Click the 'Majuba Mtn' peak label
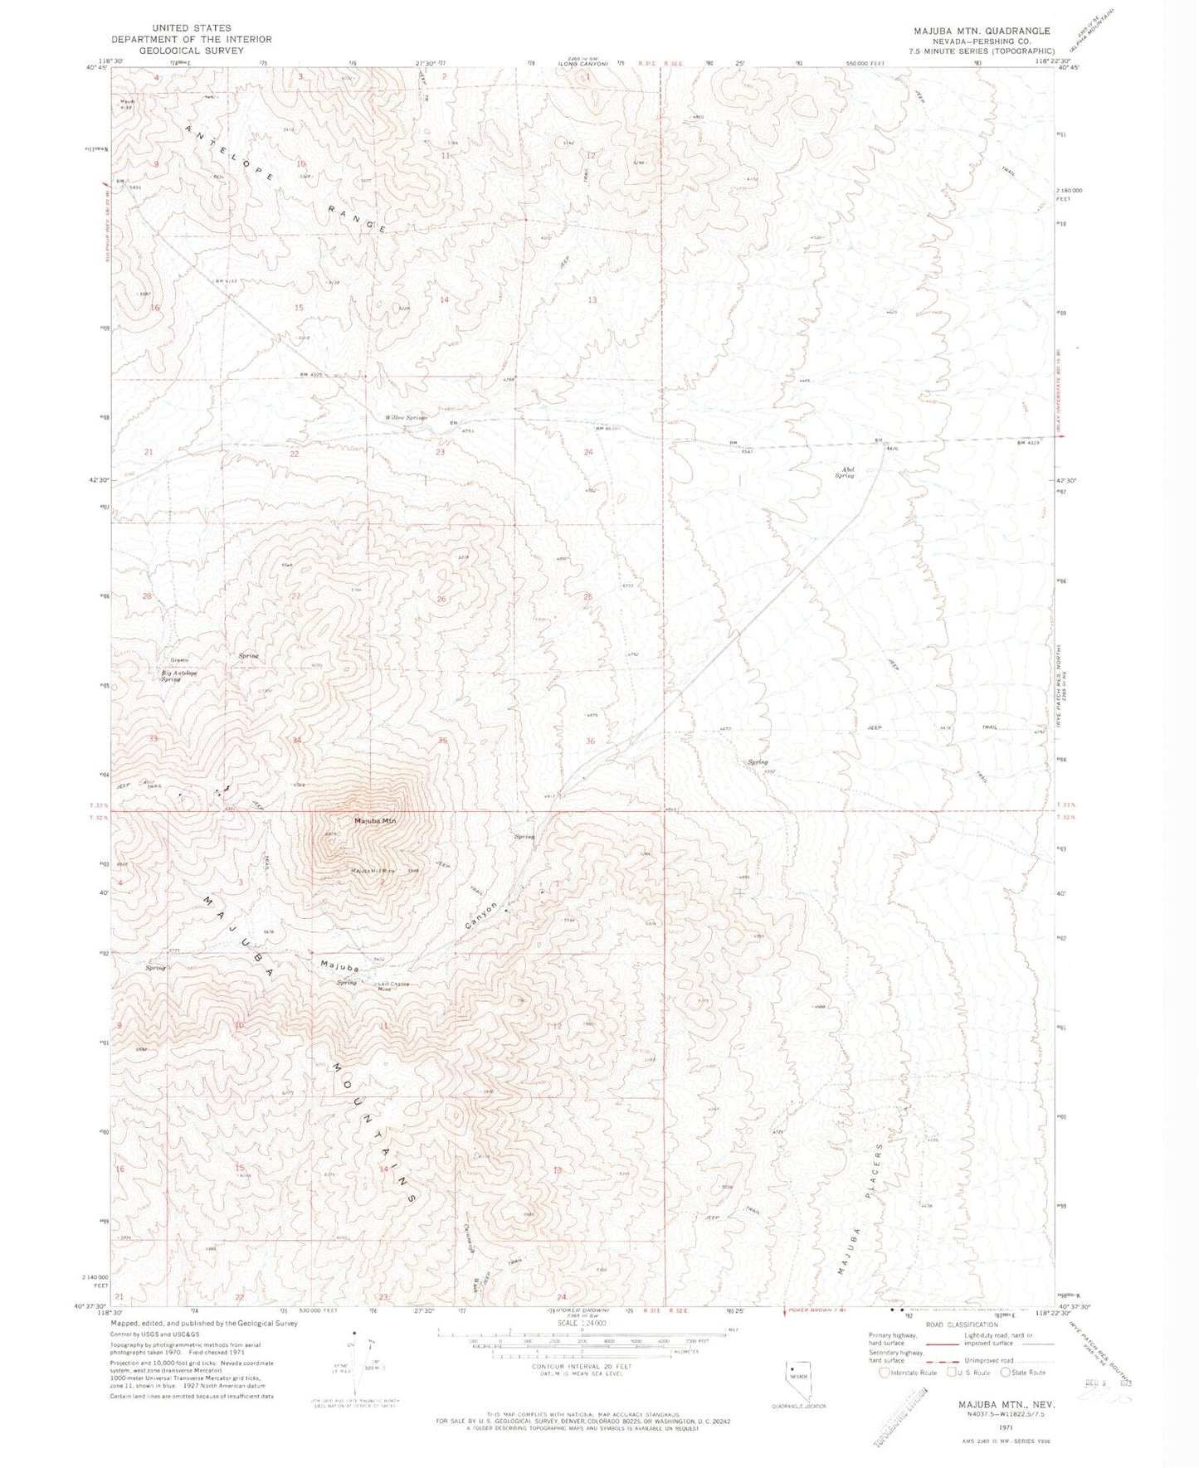point(375,820)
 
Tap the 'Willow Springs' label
point(405,417)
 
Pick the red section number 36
point(590,741)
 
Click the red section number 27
point(295,596)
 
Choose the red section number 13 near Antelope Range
point(592,299)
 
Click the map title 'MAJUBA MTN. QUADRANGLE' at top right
point(982,31)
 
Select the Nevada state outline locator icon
point(797,1376)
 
